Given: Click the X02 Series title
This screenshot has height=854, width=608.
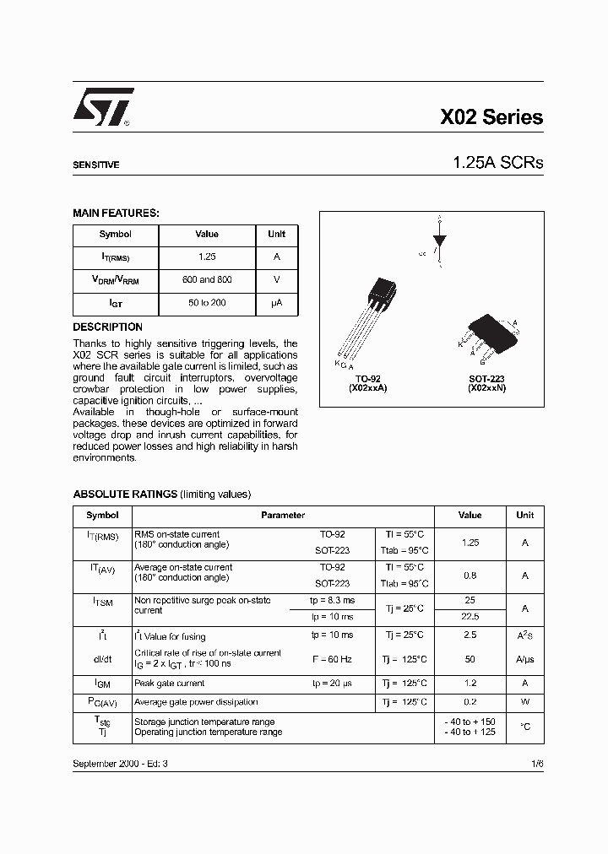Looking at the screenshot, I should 491,118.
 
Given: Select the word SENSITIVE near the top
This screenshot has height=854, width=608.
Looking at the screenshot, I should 95,165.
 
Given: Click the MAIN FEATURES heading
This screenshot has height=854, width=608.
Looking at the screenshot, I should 116,213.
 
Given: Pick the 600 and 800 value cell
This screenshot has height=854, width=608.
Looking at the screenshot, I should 207,279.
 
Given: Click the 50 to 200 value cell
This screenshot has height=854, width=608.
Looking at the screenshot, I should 207,302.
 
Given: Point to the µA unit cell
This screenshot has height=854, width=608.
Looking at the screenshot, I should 277,302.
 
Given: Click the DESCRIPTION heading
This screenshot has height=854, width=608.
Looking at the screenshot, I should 107,327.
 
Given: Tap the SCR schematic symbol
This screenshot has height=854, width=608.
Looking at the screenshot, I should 439,241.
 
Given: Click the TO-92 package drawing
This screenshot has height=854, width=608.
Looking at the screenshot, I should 372,316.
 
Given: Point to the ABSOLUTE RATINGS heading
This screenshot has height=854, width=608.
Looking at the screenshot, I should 125,494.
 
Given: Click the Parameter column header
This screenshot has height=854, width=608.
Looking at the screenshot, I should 283,515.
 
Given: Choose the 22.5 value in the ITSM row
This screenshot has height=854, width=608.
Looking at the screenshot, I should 470,616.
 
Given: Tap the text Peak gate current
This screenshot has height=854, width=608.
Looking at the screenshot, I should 169,684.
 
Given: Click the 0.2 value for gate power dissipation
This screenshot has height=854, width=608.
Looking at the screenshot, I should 470,702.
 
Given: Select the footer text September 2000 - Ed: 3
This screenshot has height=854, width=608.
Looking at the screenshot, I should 120,763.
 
